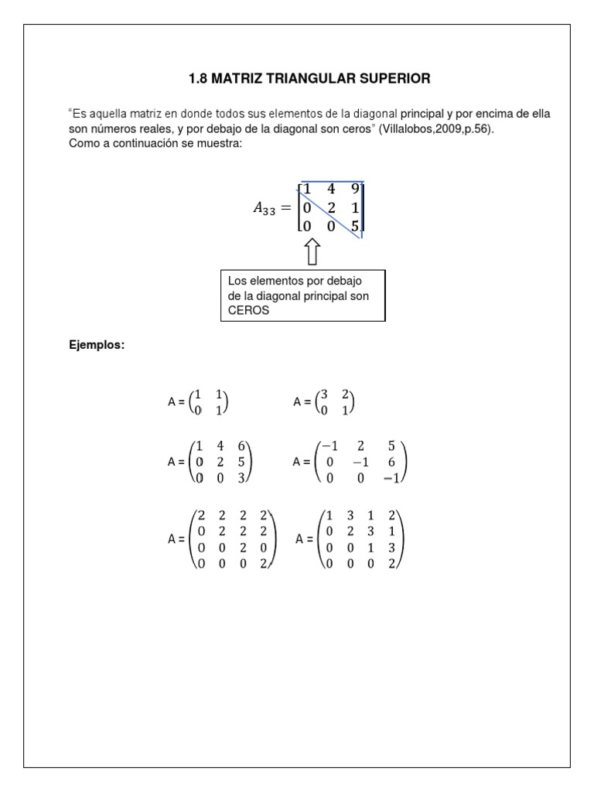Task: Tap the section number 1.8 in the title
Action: point(200,78)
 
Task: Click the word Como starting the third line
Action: point(84,143)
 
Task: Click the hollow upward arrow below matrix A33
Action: point(312,252)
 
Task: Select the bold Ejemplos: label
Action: point(97,345)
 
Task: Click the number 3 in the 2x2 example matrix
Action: point(324,395)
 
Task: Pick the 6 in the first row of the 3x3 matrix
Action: point(242,446)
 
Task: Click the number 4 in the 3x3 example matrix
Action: point(220,446)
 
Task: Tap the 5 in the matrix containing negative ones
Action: point(393,446)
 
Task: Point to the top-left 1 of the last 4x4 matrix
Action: point(330,516)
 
